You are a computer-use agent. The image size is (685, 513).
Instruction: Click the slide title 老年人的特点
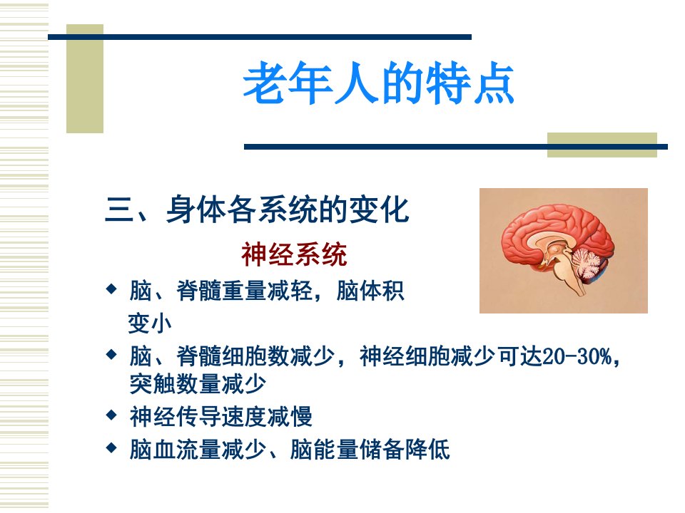[x=378, y=83]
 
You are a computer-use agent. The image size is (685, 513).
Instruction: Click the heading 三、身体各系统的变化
[x=257, y=209]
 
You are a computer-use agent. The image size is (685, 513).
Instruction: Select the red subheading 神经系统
[x=294, y=254]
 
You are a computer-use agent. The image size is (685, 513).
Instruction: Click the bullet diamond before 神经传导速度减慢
[x=112, y=415]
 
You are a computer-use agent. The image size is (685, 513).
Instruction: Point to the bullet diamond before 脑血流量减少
[x=112, y=447]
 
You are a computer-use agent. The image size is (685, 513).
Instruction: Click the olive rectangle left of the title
[x=85, y=78]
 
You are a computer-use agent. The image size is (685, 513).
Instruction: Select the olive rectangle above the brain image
[x=602, y=145]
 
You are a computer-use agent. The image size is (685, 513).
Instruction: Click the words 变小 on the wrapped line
[x=149, y=323]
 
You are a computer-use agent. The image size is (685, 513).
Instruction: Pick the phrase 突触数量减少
[x=198, y=384]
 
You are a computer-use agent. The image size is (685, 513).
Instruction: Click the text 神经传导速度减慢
[x=220, y=416]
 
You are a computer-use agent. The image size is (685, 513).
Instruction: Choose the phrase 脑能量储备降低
[x=370, y=450]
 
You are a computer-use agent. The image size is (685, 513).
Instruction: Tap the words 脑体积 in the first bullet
[x=370, y=291]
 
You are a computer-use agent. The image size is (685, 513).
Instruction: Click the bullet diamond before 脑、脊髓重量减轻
[x=112, y=289]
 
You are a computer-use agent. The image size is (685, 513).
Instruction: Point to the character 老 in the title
[x=265, y=83]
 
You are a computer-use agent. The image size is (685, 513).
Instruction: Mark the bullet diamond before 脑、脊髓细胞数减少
[x=112, y=354]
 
